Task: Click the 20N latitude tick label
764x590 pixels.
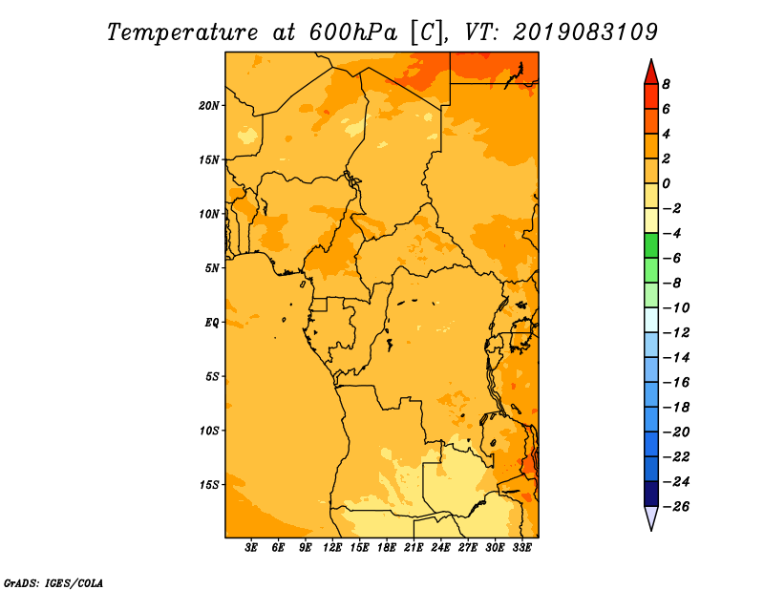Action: point(208,106)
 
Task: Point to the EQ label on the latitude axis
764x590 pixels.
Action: point(212,323)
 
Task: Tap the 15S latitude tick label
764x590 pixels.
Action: point(208,485)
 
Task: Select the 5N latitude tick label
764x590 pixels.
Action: point(212,268)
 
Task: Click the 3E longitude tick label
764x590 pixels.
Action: point(251,548)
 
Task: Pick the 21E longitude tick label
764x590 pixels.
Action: point(414,548)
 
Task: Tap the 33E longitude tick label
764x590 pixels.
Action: point(521,548)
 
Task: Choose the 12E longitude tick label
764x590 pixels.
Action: point(332,548)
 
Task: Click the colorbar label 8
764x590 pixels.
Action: point(666,84)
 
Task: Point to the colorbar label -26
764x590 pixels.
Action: point(677,507)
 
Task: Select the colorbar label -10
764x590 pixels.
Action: point(677,308)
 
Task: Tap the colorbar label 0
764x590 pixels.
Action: point(666,183)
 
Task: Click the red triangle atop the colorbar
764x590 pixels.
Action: point(651,74)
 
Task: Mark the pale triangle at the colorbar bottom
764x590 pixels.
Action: point(651,516)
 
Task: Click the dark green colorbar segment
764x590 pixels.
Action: point(651,245)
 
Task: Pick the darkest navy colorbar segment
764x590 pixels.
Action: point(651,494)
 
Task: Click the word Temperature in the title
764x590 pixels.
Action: point(182,32)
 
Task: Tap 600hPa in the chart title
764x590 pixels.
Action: point(353,32)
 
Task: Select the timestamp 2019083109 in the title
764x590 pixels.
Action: point(585,32)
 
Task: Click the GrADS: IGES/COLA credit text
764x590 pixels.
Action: point(53,582)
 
